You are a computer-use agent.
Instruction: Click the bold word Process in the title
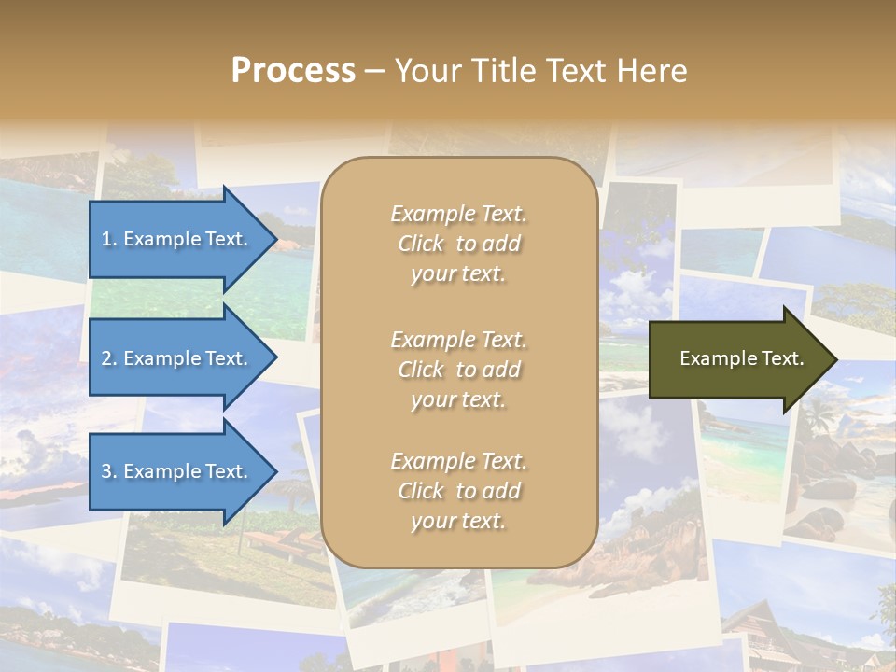pos(293,71)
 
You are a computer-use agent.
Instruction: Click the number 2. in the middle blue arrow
pos(109,358)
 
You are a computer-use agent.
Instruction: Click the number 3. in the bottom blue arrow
pos(109,471)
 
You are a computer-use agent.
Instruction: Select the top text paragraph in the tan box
pos(458,244)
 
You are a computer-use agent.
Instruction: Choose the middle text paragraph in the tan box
pos(458,370)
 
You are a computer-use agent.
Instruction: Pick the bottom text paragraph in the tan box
pos(458,491)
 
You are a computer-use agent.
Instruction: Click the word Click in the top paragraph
pos(421,244)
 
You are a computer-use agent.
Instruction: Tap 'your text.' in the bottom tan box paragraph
pos(458,521)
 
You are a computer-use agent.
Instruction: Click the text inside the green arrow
pos(741,358)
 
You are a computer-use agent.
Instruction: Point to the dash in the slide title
pos(374,72)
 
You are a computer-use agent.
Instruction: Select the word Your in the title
pos(428,71)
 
